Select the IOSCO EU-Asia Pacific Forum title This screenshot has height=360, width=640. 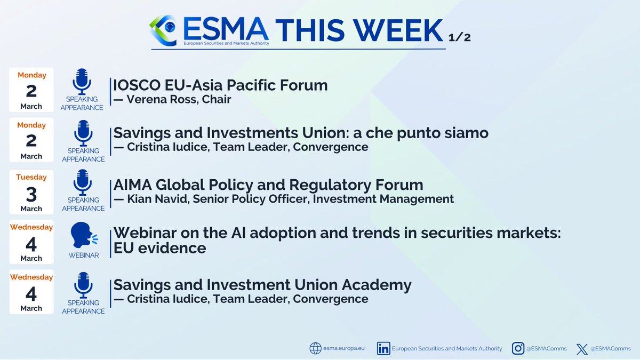pos(220,85)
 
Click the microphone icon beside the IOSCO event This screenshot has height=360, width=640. pos(82,81)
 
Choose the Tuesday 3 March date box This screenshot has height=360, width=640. pos(31,191)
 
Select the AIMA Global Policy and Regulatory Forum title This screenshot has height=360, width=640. pos(268,185)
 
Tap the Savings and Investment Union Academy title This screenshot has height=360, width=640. pos(262,285)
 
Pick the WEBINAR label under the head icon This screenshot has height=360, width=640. pos(84,255)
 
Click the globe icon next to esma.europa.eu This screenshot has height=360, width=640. pos(316,348)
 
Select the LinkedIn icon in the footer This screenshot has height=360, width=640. pos(383,348)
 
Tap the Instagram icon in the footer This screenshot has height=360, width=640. pos(518,348)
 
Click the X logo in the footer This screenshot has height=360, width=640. pos(581,349)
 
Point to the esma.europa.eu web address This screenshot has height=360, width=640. pos(345,349)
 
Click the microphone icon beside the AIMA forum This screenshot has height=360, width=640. pos(82,181)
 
